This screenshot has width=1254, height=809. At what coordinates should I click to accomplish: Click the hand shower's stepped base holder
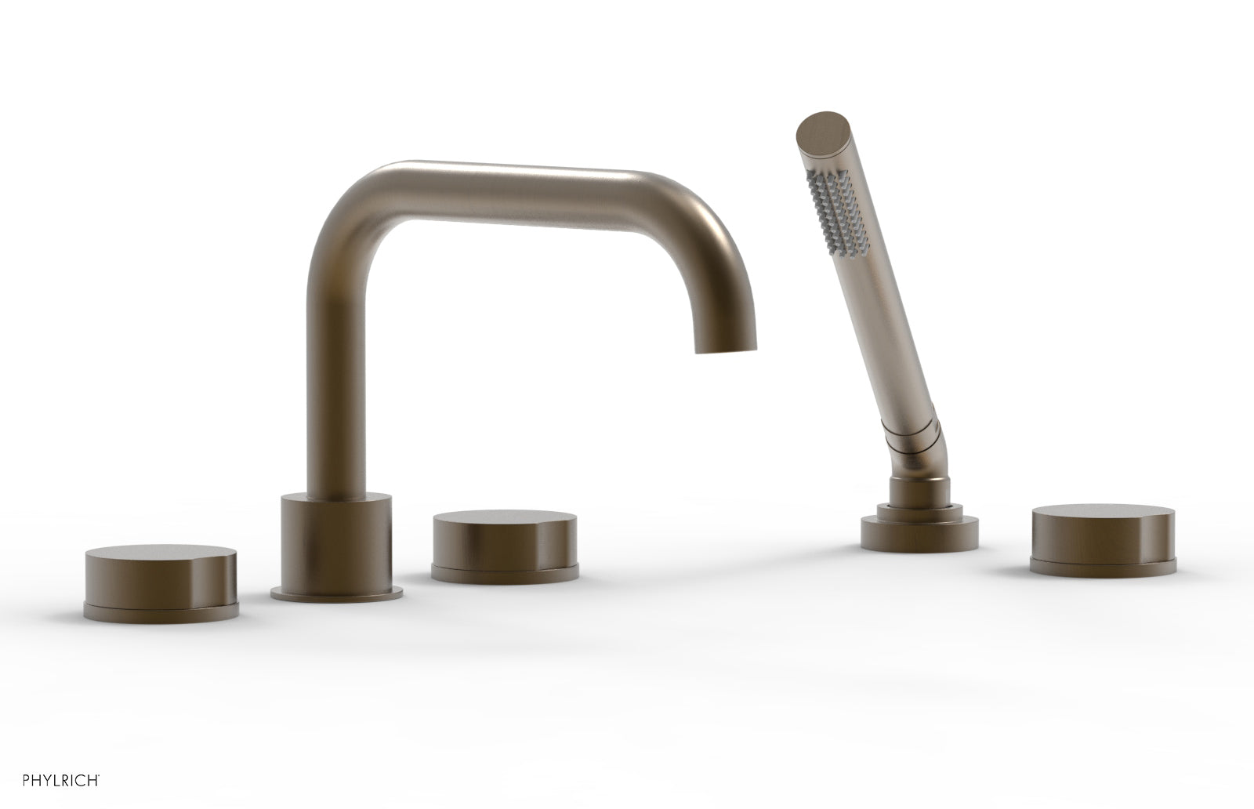(911, 530)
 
